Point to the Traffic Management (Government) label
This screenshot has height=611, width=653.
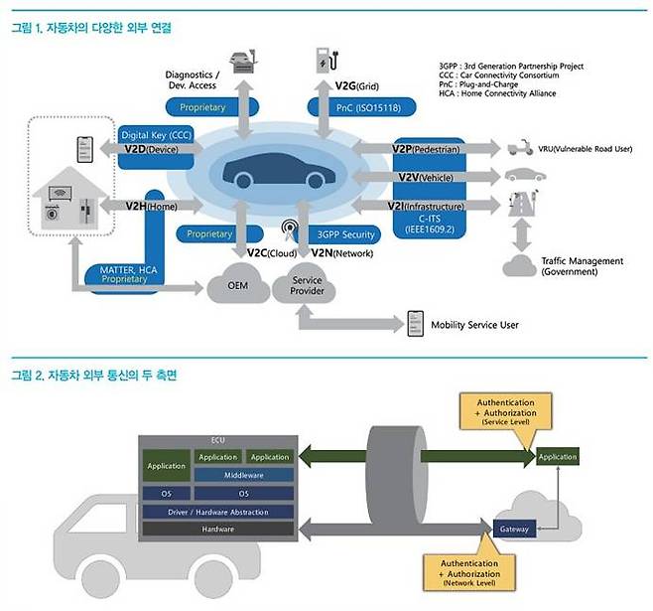582,265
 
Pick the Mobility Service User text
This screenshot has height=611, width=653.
474,325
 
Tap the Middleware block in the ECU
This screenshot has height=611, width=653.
243,475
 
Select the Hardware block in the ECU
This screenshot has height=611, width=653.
217,530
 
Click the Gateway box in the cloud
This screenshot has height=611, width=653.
515,529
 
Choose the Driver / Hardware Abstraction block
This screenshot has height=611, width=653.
217,512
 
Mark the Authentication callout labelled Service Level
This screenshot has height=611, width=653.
505,411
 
